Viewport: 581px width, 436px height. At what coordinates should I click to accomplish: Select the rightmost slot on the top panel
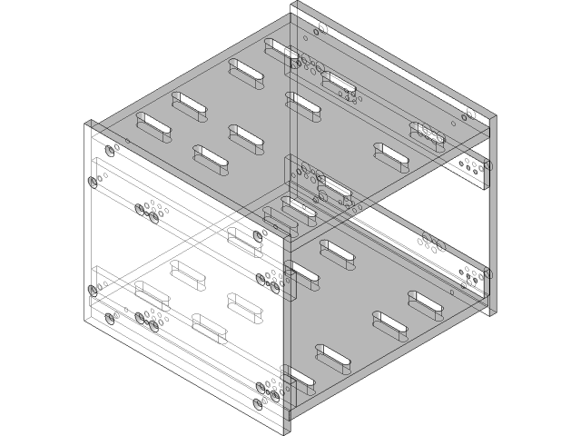pos(427,133)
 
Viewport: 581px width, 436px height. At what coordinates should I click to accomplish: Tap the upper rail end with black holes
pos(468,168)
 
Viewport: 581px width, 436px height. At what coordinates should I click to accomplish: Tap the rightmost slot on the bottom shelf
pos(424,303)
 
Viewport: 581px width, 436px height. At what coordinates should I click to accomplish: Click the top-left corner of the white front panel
pos(87,125)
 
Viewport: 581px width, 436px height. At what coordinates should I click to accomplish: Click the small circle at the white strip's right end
pos(471,114)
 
